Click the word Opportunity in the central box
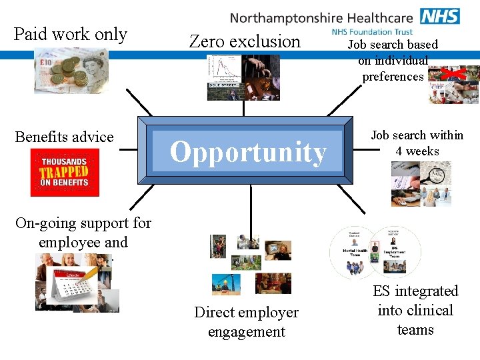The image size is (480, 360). pyautogui.click(x=248, y=152)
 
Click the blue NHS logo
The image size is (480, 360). pyautogui.click(x=440, y=16)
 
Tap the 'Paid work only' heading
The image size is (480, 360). pyautogui.click(x=70, y=34)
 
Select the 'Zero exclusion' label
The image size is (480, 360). pyautogui.click(x=245, y=41)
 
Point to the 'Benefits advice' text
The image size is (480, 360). pyautogui.click(x=64, y=137)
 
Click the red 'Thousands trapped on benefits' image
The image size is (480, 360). pyautogui.click(x=65, y=172)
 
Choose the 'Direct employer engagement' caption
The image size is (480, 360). pyautogui.click(x=246, y=322)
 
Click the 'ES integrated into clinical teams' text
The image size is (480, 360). pyautogui.click(x=415, y=310)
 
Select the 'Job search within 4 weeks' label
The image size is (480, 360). pyautogui.click(x=417, y=143)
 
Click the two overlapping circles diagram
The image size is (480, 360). pyautogui.click(x=375, y=252)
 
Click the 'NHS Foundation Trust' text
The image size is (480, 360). pyautogui.click(x=372, y=31)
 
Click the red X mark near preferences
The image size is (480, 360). pyautogui.click(x=457, y=73)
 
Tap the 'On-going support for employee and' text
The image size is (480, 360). pyautogui.click(x=83, y=232)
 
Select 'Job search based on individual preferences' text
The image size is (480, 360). pyautogui.click(x=393, y=60)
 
